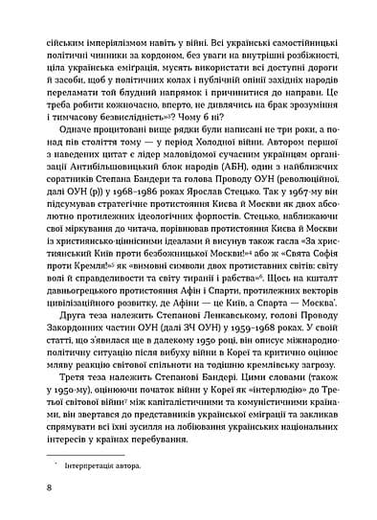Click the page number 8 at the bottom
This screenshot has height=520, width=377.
point(34,486)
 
